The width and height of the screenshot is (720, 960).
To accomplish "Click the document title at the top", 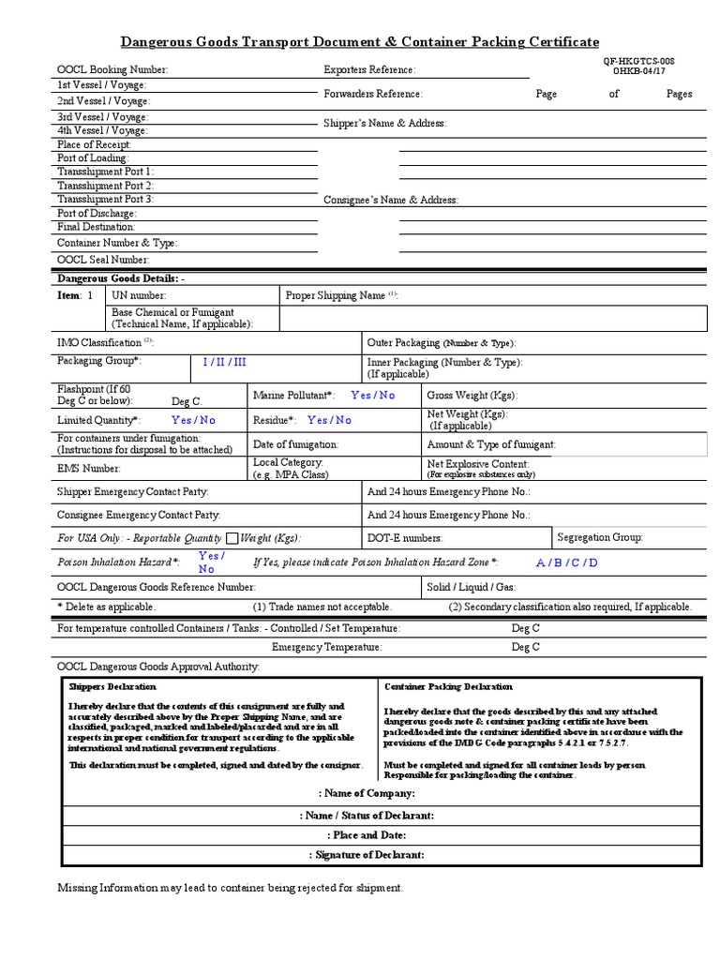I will click(360, 42).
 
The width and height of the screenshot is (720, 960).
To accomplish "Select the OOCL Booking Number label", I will click(112, 70).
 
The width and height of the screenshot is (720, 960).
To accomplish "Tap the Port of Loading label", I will click(93, 158).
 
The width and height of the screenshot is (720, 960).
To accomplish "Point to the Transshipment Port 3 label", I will click(105, 200).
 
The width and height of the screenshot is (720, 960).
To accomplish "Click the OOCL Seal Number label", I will click(103, 260).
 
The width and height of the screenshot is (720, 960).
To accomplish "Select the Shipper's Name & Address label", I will click(384, 124).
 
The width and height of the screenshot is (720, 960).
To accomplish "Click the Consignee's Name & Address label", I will click(391, 201).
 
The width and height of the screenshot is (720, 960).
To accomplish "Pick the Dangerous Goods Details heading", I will click(121, 279).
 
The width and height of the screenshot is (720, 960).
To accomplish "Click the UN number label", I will click(140, 295).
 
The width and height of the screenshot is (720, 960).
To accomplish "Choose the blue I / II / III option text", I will click(225, 362).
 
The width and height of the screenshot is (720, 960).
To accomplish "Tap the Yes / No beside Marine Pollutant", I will click(373, 396).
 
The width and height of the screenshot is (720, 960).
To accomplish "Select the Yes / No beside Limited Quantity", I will click(193, 421).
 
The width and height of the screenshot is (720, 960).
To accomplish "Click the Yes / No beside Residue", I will click(329, 421).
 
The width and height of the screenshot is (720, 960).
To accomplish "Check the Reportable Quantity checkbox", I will click(232, 538).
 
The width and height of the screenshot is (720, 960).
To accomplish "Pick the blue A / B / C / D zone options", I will click(566, 563).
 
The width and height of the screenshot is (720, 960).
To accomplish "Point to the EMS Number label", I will click(89, 468).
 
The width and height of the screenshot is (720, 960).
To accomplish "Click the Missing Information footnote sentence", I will click(230, 888).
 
